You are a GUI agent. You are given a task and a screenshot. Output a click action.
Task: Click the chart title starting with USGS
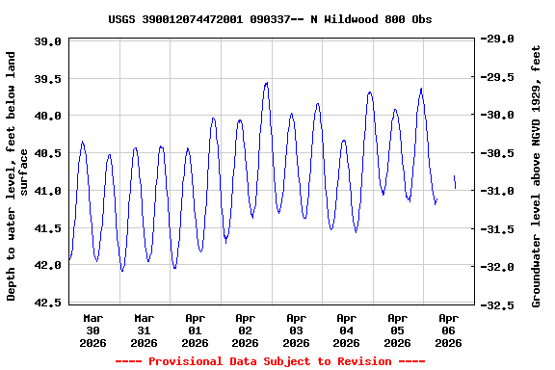point(270,19)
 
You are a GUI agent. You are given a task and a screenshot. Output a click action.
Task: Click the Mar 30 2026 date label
point(93,330)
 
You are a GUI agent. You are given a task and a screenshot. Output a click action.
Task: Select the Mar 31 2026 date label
point(145,330)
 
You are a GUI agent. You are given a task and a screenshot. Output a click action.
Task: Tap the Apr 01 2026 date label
point(195,330)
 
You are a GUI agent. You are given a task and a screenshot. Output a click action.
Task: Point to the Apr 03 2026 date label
point(296,330)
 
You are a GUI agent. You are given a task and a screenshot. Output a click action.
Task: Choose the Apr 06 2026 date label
point(448,330)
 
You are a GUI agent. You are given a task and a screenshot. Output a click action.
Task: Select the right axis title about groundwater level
point(537,176)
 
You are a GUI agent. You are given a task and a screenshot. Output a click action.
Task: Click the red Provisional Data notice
point(270,361)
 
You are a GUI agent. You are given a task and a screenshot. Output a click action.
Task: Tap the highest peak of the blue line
point(266,83)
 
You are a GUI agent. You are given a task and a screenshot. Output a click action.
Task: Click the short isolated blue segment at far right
point(454,181)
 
